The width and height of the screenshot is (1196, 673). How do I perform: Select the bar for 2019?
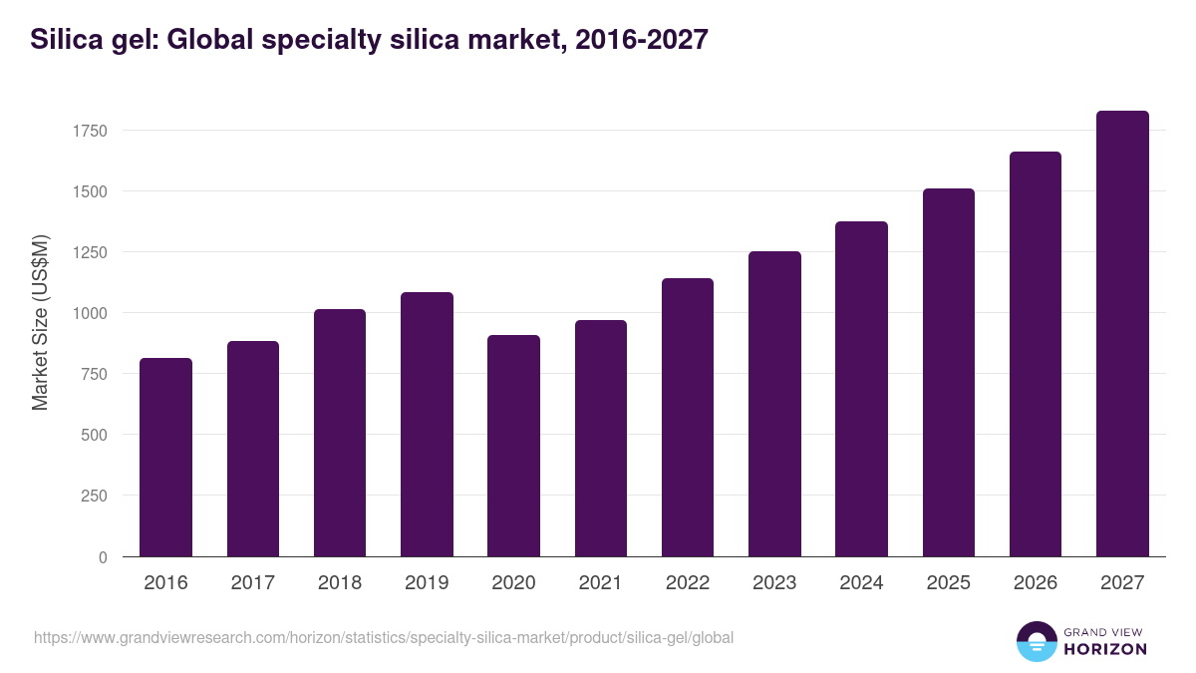tap(427, 424)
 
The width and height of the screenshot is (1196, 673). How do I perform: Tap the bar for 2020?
tap(513, 446)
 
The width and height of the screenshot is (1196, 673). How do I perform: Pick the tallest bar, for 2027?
tap(1122, 333)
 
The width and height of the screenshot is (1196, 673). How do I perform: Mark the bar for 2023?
tap(774, 404)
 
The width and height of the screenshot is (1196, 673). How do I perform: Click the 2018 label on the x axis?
tap(340, 583)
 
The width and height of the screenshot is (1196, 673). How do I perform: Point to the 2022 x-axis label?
tap(688, 583)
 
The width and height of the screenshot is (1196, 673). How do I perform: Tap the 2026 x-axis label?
tap(1036, 583)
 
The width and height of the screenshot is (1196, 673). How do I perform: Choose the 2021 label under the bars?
tap(600, 583)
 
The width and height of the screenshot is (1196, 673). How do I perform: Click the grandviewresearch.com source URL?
tap(384, 637)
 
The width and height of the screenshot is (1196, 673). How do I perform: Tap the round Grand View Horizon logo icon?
tap(1036, 641)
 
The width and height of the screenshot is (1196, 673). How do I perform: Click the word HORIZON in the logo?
tap(1104, 649)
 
